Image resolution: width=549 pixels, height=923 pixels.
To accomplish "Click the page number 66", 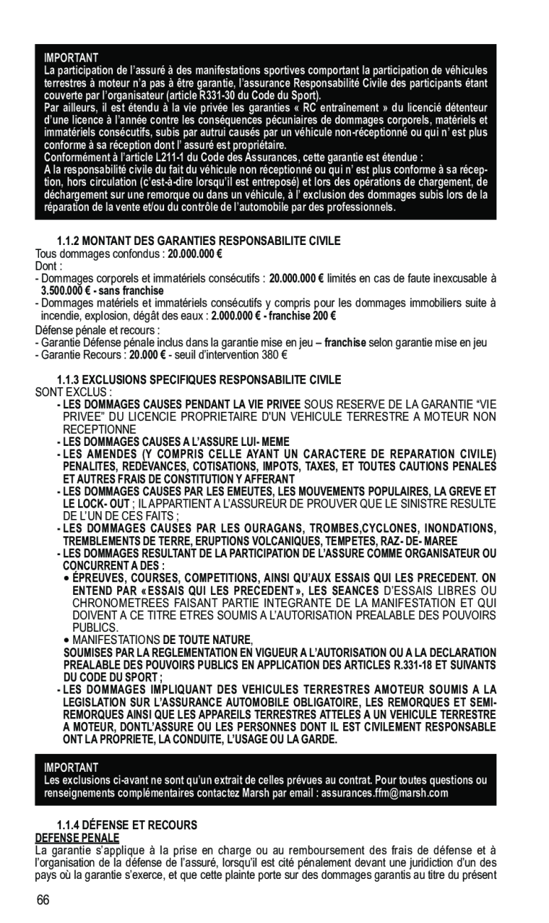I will click(44, 900).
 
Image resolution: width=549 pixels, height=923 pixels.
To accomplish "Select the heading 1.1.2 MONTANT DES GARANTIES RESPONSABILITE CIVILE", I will click(198, 241).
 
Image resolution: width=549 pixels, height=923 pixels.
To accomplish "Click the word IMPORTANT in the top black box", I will click(71, 57).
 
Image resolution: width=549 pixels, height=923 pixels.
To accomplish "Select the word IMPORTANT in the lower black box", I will click(71, 768).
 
